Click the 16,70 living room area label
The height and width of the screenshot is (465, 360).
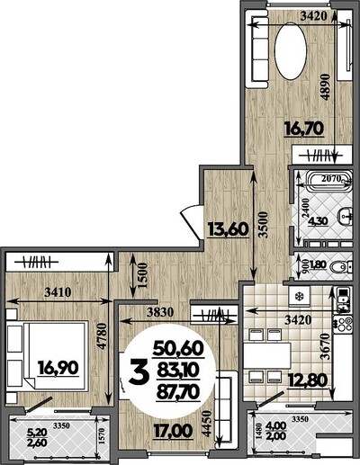304,129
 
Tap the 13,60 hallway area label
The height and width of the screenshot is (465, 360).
229,229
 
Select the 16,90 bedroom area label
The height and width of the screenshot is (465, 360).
58,368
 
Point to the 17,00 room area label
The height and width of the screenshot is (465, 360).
173,431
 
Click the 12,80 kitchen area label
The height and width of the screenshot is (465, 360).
307,381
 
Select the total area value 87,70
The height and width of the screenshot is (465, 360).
178,392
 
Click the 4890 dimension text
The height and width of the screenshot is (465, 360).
325,87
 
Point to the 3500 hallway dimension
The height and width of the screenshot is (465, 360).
263,225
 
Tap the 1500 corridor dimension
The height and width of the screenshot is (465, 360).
142,275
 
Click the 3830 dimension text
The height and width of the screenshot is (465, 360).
160,312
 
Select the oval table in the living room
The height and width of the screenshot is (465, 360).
291,50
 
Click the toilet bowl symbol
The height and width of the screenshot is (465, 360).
339,266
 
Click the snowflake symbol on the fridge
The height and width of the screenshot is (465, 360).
299,297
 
